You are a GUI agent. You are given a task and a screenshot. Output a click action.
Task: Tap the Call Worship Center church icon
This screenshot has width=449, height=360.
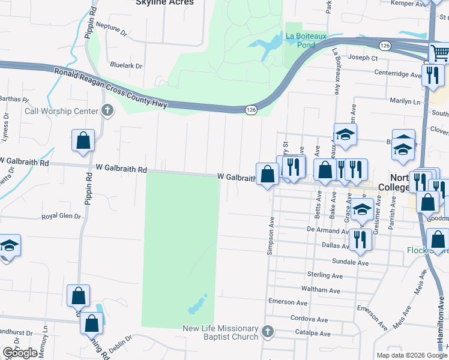click(x=107, y=111)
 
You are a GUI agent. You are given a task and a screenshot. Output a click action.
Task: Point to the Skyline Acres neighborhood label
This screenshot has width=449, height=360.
click(x=164, y=2)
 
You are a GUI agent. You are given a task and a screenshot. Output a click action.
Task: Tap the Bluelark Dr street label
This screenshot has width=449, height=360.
click(x=126, y=65)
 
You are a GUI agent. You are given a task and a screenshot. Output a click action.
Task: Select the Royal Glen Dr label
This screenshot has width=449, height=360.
click(x=61, y=217)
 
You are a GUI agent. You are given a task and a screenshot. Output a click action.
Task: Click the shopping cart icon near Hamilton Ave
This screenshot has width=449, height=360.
click(x=440, y=53)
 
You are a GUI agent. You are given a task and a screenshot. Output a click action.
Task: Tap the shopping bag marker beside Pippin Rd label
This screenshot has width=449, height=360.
click(x=83, y=140)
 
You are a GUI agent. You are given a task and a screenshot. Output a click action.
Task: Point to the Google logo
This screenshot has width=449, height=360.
click(x=20, y=353)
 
